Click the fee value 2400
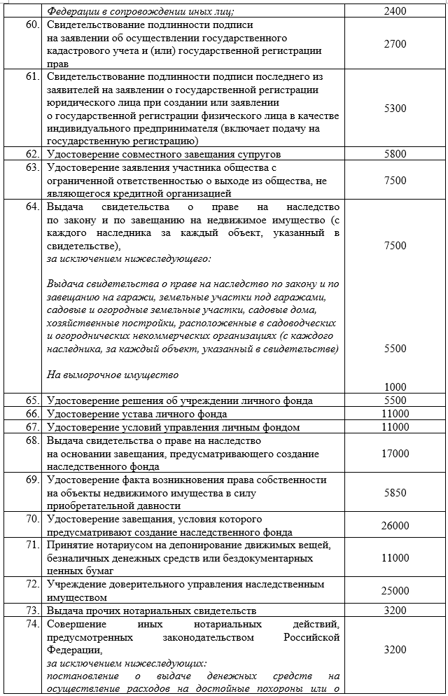point(395,12)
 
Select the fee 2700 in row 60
point(395,44)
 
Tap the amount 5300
point(395,109)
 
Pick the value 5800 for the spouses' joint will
point(395,153)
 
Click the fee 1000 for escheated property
point(395,387)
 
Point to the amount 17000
point(395,454)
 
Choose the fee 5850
point(395,493)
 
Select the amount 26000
point(395,526)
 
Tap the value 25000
point(395,592)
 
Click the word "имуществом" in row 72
point(77,598)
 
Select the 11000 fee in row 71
point(395,558)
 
